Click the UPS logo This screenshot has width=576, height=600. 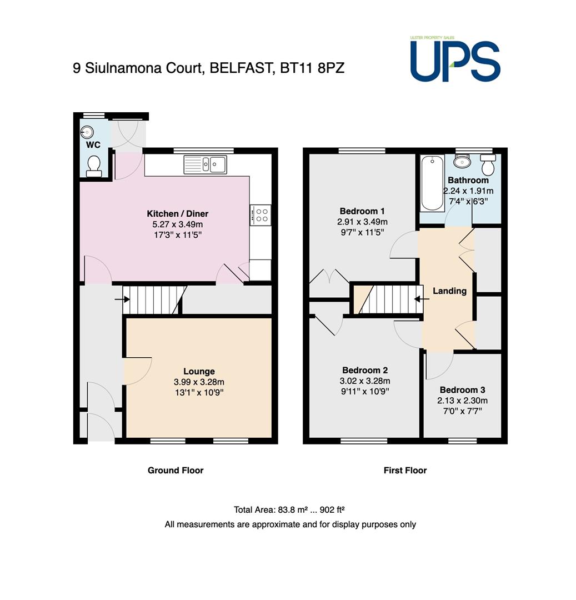click(455, 59)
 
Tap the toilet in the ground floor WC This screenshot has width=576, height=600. click(94, 167)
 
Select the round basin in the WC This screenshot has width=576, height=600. click(87, 132)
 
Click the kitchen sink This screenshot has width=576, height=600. click(206, 164)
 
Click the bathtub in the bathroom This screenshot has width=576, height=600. click(432, 183)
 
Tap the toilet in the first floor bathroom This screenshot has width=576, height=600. click(488, 164)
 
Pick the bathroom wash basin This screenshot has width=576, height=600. click(462, 161)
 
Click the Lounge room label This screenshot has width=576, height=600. click(199, 371)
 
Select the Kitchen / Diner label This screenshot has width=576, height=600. click(178, 213)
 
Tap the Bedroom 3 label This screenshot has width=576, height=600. click(462, 390)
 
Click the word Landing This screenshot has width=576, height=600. click(449, 291)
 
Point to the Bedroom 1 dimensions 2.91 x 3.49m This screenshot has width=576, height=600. click(362, 222)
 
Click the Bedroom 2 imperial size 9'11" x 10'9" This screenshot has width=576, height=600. click(365, 392)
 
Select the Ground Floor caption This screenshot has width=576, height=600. click(176, 471)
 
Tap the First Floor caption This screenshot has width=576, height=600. click(405, 471)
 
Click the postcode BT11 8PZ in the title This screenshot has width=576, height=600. click(312, 68)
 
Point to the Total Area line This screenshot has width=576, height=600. click(289, 509)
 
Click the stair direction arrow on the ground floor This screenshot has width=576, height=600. click(122, 299)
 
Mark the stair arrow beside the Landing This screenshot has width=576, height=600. click(422, 299)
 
